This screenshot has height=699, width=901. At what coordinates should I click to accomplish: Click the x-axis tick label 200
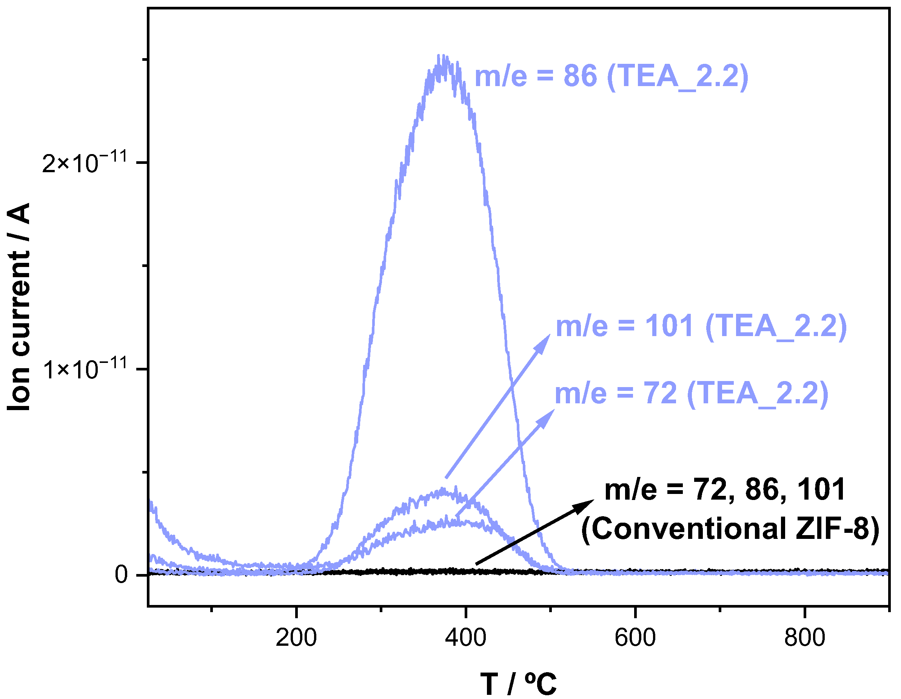[x=296, y=637]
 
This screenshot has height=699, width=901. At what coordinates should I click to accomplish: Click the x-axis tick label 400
[x=465, y=637]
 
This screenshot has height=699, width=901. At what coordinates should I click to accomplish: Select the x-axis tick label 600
[x=635, y=637]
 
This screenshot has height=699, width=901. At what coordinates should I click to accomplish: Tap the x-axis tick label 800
[x=804, y=637]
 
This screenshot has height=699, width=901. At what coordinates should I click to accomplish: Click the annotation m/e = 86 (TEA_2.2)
[x=611, y=77]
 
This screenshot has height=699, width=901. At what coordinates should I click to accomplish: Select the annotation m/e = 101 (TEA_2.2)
[x=701, y=326]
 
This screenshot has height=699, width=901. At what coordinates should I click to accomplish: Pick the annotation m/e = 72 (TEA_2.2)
[x=691, y=393]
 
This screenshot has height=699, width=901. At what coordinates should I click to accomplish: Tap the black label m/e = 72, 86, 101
[x=725, y=490]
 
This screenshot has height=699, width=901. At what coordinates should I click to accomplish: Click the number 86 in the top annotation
[x=580, y=77]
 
